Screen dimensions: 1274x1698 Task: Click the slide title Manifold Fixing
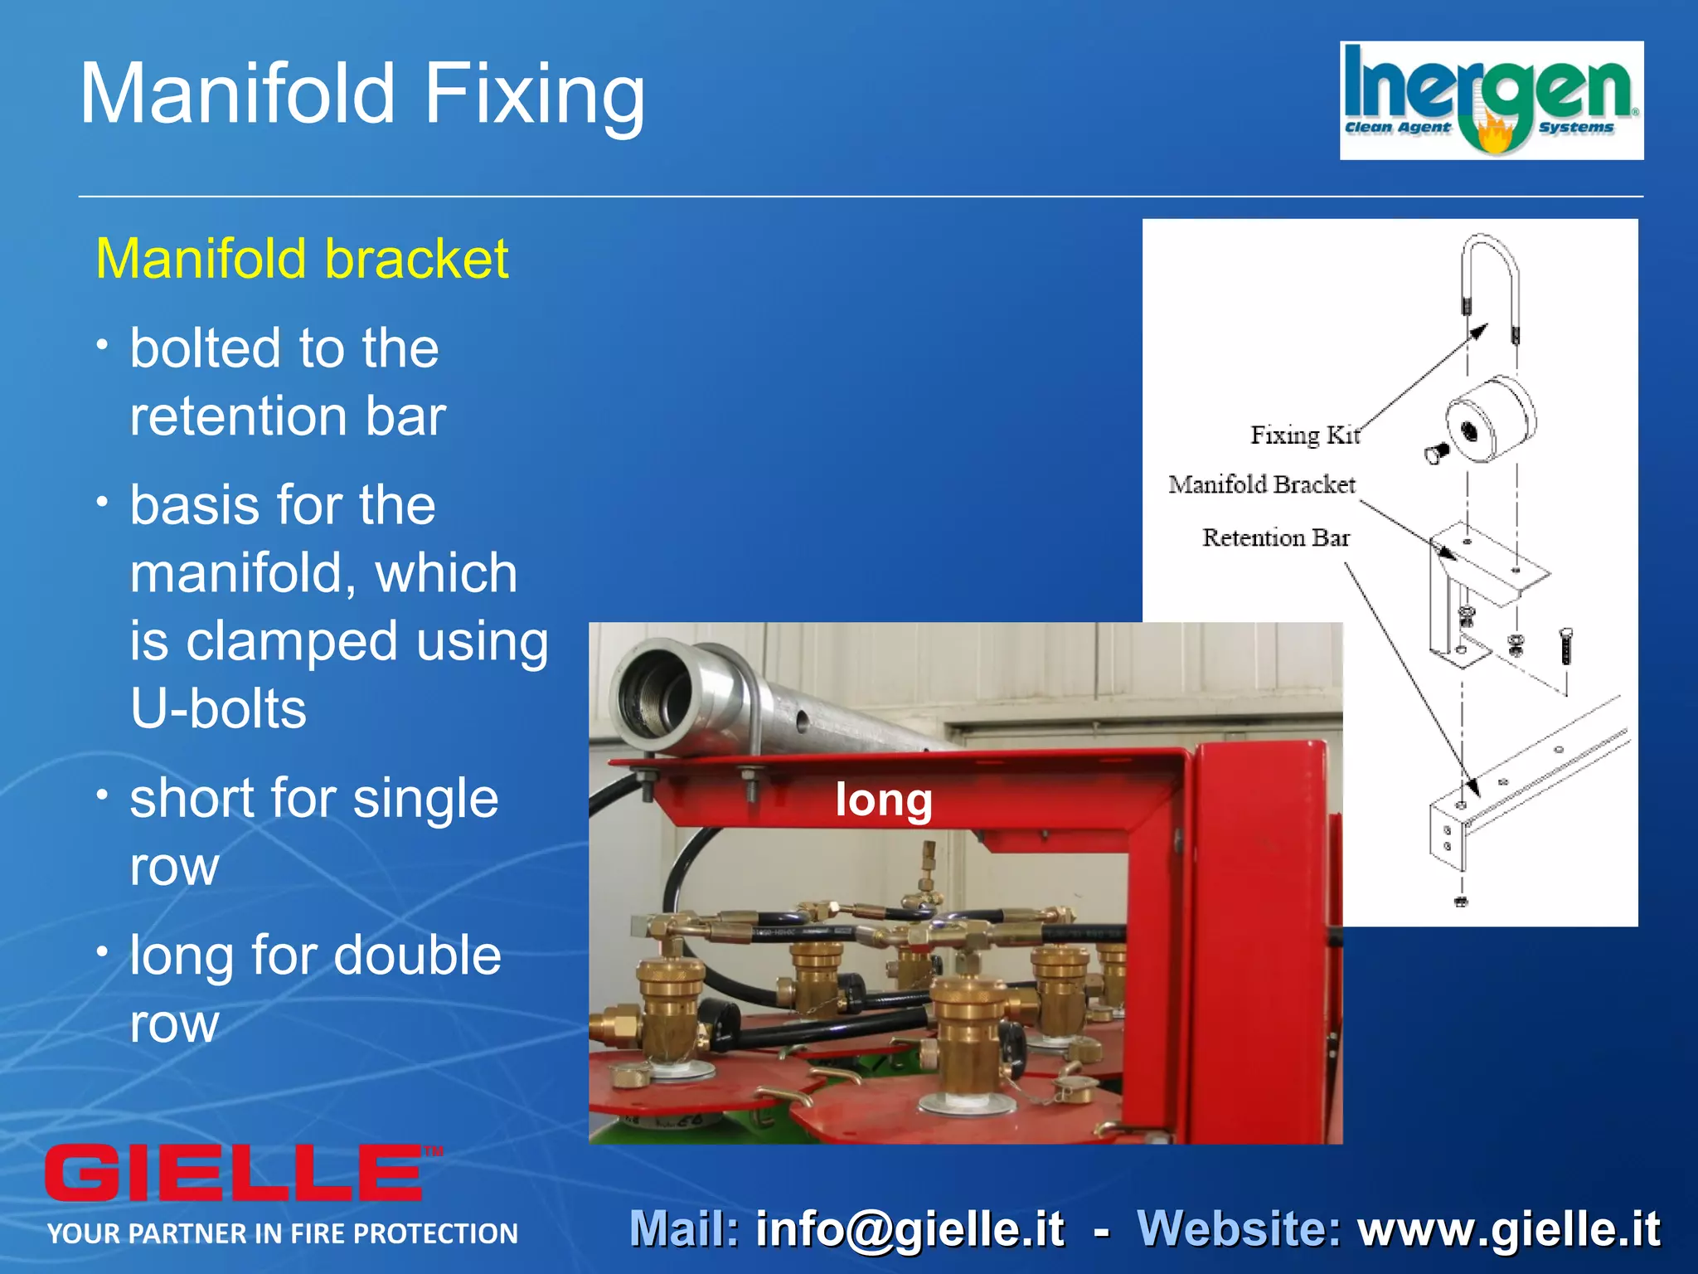coord(362,95)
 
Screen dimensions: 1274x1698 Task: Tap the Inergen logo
coord(1491,100)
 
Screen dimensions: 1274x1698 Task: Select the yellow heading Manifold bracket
coord(302,259)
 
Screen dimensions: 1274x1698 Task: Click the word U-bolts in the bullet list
coord(218,709)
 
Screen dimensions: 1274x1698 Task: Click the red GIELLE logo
coord(235,1172)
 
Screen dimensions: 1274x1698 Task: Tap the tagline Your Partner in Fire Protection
coord(282,1233)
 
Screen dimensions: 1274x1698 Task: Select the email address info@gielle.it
coord(910,1229)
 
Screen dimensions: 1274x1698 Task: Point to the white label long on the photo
coord(883,800)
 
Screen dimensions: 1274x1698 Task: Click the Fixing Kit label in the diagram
coord(1305,435)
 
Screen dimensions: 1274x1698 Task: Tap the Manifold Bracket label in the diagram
coord(1261,484)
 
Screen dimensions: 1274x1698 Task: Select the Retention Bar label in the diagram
coord(1275,537)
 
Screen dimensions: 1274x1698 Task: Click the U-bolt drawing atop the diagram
coord(1490,282)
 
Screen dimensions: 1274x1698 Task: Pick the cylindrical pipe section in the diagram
coord(1490,419)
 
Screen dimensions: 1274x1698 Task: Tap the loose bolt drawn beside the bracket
coord(1565,646)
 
